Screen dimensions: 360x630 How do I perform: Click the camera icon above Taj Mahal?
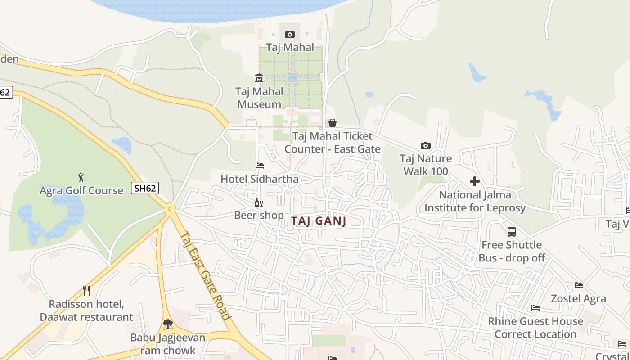coord(290,34)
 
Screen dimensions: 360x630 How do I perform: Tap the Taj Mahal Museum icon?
coord(259,78)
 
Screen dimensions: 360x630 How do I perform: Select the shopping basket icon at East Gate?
coord(333,123)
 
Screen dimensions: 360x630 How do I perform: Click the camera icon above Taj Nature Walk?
coord(425,145)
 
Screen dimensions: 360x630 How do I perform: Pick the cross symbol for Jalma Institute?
coord(475,181)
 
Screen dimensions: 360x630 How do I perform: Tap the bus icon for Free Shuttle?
coord(512,232)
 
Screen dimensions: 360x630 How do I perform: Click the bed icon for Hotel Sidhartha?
coord(260,166)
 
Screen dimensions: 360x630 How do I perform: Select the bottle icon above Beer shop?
coord(259,202)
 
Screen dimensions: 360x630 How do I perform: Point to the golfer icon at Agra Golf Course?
coord(81,177)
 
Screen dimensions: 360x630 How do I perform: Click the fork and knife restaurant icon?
coord(86,291)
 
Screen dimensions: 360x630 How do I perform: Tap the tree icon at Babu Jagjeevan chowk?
coord(168,324)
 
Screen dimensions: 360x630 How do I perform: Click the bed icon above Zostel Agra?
coord(579,285)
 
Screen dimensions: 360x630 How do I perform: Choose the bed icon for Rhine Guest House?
coord(535,308)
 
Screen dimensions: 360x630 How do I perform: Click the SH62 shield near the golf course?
coord(145,188)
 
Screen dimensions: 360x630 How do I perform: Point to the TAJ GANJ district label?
coord(319,221)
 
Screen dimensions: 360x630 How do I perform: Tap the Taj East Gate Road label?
coord(207,275)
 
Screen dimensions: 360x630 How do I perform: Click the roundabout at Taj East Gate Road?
coord(170,208)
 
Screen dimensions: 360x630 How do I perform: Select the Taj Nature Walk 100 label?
coord(426,165)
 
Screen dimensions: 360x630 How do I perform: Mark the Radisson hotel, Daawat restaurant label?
coord(86,310)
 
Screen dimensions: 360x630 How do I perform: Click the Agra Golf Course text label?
coord(81,190)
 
